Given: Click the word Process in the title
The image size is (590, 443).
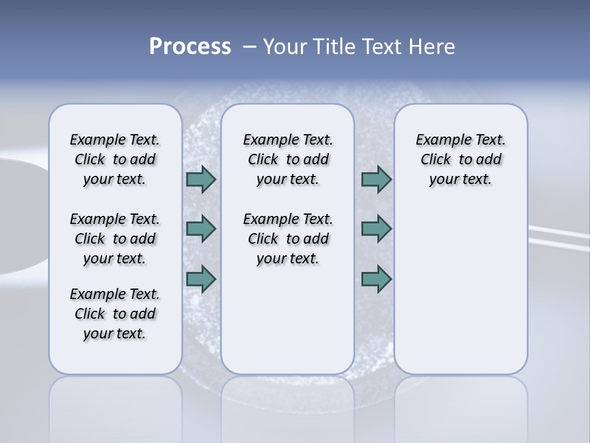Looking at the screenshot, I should tap(190, 47).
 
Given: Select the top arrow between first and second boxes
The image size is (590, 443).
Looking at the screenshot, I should tap(200, 180).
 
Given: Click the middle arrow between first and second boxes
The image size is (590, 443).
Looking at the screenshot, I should tap(200, 229).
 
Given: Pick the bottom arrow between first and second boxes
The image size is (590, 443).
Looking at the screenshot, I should tap(200, 279).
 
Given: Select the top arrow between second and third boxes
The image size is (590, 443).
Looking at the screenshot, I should tap(376, 180).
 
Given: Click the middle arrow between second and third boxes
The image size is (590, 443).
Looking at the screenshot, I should tap(376, 229).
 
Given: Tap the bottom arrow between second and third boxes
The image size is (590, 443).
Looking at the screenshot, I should tap(376, 279).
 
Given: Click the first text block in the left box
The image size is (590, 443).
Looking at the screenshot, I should tap(115, 159).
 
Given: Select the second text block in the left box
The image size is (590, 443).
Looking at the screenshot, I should tap(115, 239).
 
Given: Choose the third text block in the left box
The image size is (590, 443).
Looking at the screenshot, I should tap(115, 314).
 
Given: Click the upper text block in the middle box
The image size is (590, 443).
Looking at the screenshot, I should tap(288, 159).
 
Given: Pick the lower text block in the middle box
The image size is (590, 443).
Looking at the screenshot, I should tap(288, 239).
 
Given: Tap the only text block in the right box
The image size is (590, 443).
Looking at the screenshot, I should tap(460, 159).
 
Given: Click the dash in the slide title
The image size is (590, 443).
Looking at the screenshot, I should tap(250, 47).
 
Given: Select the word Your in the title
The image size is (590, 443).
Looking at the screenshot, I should tap(283, 47).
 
